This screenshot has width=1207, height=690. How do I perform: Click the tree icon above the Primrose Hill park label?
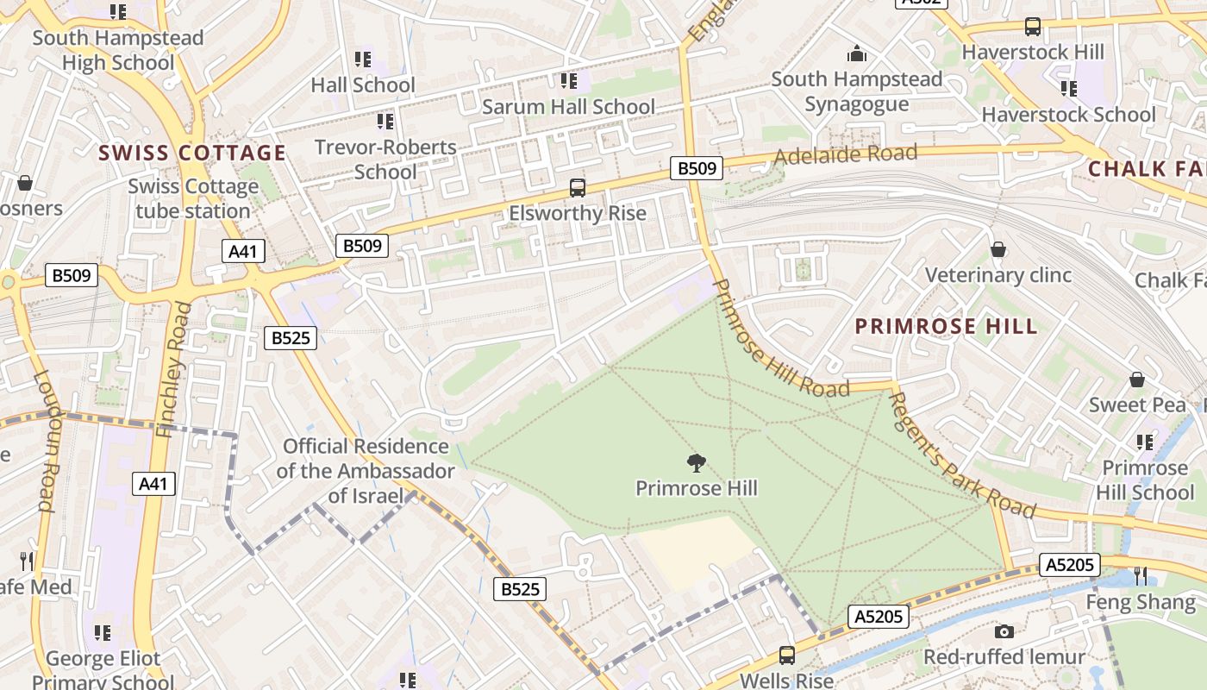(x=697, y=463)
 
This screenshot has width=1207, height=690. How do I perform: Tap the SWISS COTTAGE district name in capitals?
(x=191, y=154)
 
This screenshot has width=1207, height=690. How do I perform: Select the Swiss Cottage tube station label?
(x=193, y=198)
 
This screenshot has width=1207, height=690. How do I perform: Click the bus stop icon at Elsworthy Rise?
(x=578, y=188)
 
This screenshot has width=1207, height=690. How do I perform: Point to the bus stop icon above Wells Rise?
(x=786, y=655)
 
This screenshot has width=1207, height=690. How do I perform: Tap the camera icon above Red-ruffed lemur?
(x=1004, y=632)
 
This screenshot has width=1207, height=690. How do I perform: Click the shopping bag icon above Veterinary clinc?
(x=998, y=249)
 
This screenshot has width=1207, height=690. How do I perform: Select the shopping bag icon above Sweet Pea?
(x=1137, y=379)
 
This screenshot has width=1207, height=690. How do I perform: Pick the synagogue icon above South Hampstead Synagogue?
(x=856, y=54)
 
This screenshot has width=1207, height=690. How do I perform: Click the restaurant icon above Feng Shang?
(x=1141, y=575)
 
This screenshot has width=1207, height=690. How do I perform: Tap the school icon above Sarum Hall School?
(x=568, y=81)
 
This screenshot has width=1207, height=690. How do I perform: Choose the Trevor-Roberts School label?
(x=385, y=159)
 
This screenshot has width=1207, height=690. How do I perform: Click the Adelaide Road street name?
(x=845, y=155)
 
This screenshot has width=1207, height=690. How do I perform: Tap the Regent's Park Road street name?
(x=960, y=455)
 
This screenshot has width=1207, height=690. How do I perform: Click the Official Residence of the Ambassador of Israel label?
(x=366, y=471)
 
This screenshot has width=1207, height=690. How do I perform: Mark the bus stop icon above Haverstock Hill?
(x=1032, y=27)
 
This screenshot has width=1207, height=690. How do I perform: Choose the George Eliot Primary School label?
(x=103, y=670)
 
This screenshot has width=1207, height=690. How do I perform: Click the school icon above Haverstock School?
(x=1068, y=89)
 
